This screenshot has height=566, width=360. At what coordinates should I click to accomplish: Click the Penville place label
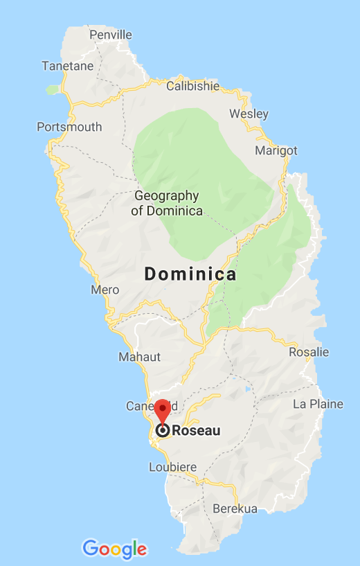coord(111,34)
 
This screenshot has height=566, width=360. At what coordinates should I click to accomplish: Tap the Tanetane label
coord(66,66)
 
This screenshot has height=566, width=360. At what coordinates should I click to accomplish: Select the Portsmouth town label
coord(69,127)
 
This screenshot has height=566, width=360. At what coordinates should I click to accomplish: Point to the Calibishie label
coord(192,86)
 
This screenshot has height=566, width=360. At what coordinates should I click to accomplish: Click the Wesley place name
coord(249,113)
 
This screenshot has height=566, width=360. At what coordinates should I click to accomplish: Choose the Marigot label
coord(276,150)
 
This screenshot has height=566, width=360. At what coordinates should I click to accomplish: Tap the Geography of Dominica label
coord(167,203)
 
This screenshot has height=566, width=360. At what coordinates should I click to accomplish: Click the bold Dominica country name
coord(190,274)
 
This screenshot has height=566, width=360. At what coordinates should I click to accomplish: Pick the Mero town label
coord(105,290)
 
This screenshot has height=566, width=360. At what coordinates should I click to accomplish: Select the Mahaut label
coord(139,357)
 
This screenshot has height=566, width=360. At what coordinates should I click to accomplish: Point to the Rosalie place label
coord(309,352)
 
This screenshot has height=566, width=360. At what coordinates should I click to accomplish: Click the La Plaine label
coord(318,404)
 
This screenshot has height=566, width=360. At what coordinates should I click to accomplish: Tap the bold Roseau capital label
coord(196,431)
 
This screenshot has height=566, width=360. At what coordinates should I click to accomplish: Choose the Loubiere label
coord(173,467)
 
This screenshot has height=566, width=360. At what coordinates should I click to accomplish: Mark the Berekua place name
coord(235,508)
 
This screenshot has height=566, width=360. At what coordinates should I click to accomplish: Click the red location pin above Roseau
coord(162,409)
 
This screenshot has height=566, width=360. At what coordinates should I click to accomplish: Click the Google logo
coord(115,549)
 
